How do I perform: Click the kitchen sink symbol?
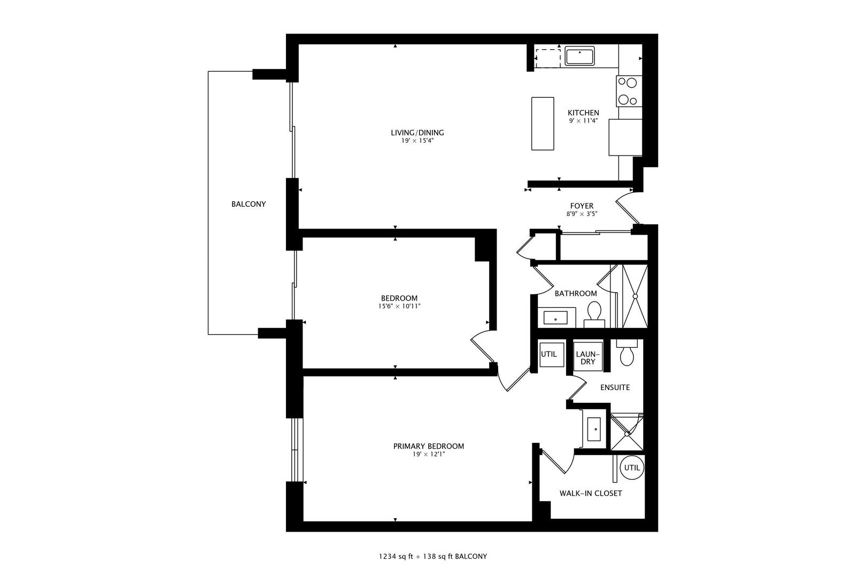coord(580,56)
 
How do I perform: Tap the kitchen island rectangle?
coord(542,123)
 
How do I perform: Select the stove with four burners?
coord(628,91)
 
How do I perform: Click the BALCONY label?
coord(249,204)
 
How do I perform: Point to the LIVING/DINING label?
coord(417,132)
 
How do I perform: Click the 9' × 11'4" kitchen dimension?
coord(583,121)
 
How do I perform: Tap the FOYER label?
coord(582,206)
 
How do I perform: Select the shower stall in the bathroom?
coord(636,296)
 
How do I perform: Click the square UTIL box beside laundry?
coord(549,354)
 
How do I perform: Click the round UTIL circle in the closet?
coord(632,468)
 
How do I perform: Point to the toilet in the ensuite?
coord(627,352)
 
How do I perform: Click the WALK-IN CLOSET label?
coord(591,494)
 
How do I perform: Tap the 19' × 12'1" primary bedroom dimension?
coord(428,455)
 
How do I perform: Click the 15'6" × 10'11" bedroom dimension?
coord(399,307)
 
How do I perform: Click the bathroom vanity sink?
coord(556,318)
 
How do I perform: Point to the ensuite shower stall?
coord(627,433)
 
